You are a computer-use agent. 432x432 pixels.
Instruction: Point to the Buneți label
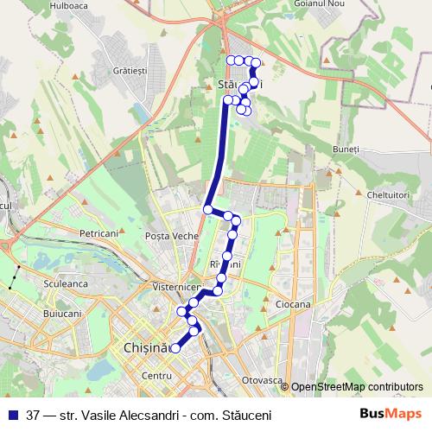[345, 149]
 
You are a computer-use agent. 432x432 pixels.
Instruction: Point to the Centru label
[157, 376]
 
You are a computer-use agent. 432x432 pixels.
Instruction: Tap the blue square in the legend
[13, 415]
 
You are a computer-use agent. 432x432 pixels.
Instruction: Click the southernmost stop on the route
[175, 348]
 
